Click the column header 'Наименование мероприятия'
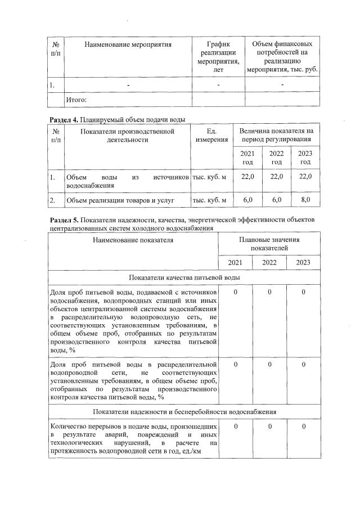point(128,44)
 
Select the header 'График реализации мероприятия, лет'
point(219,57)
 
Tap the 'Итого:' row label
point(76,100)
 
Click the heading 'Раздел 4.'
point(63,119)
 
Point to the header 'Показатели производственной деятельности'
point(128,136)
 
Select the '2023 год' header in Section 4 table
point(305,158)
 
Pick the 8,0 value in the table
point(305,200)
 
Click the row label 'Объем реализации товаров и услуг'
point(120,200)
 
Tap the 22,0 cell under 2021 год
point(247,177)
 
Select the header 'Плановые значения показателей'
point(268,244)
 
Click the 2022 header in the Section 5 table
point(269,263)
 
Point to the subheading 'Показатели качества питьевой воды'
point(184,278)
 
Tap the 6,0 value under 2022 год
point(276,200)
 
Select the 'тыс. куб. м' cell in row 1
point(209,177)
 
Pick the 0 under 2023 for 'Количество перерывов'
point(303,427)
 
